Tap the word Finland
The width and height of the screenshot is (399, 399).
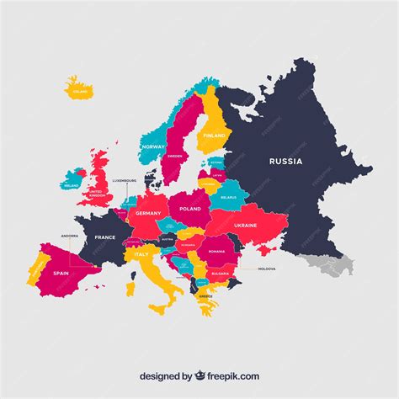pos(214,135)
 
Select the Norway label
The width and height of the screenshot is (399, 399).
pos(153,147)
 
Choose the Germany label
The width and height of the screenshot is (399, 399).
pos(148,214)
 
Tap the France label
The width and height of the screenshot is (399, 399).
pos(105,237)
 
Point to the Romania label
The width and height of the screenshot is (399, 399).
pos(217,251)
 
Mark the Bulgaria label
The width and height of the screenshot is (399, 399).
pos(221,274)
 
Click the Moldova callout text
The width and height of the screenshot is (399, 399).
pos(267,269)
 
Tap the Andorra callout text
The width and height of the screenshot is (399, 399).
pos(70,237)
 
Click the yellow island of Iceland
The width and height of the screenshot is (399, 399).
pos(78,88)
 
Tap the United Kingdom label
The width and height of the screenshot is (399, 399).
pos(100,194)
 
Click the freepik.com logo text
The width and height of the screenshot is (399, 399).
pos(227,376)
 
